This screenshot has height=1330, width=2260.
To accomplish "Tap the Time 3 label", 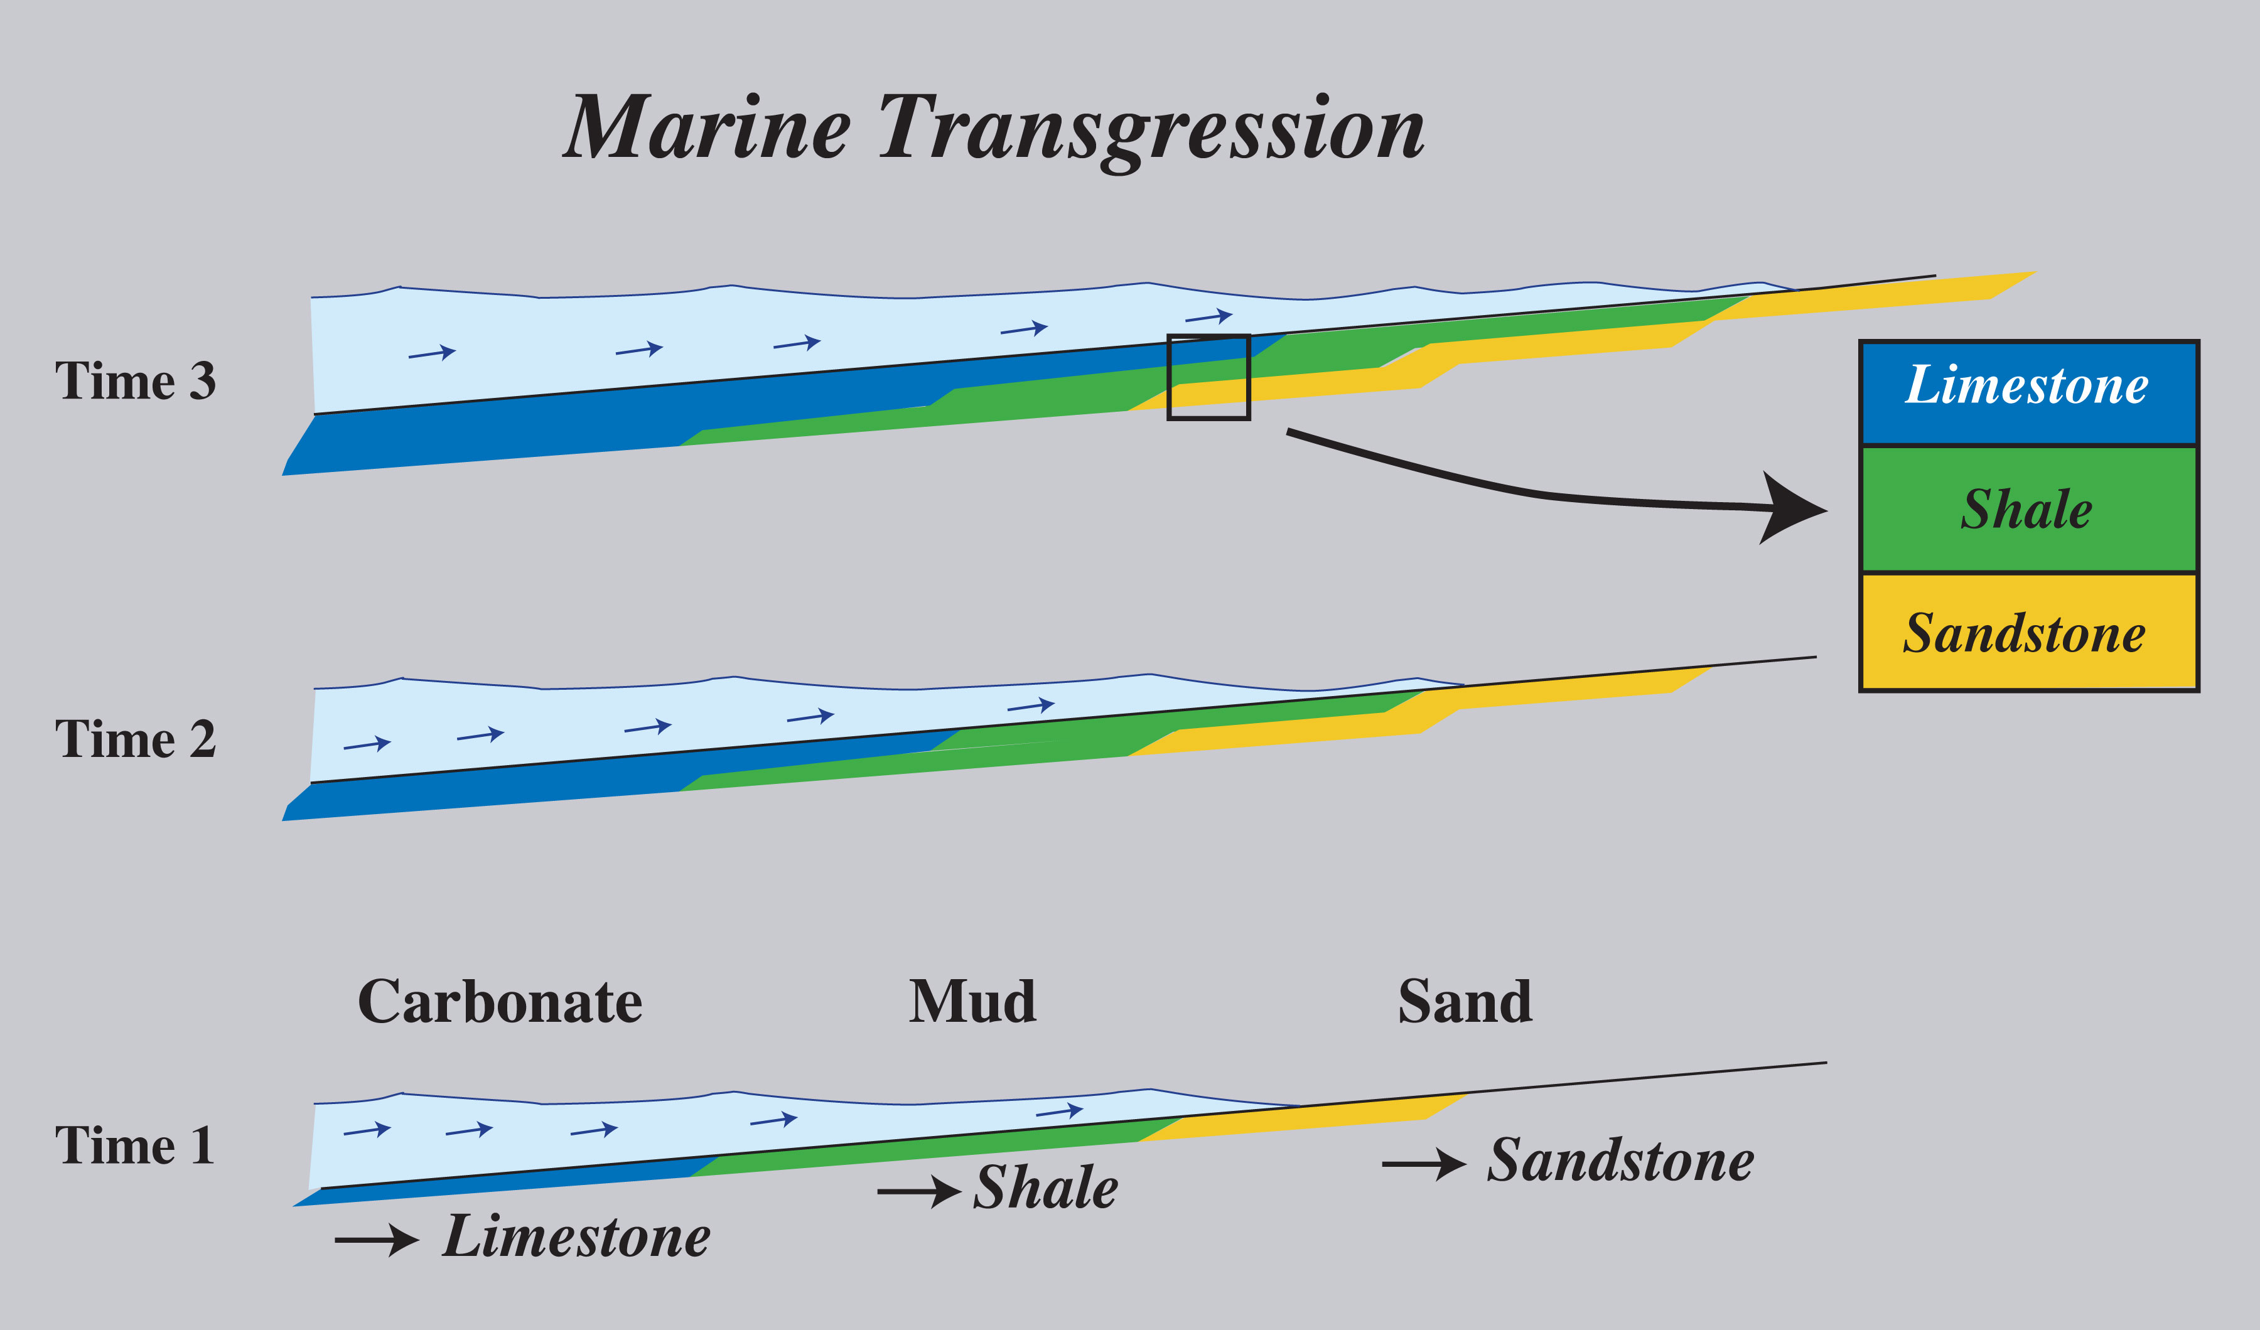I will point(136,380).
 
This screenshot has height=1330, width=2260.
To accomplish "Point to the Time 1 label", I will point(136,1145).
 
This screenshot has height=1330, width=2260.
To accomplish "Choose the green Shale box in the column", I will point(2028,510).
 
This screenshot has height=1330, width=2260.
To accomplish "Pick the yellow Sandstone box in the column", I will point(2028,632).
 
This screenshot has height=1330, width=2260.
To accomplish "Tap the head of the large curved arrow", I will point(1794,510).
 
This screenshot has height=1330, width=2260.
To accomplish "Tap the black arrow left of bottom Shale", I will point(919,1191).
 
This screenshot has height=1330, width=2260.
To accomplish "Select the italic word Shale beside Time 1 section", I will point(1046,1188).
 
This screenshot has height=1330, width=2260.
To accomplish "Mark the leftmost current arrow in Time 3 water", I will point(433,353).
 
